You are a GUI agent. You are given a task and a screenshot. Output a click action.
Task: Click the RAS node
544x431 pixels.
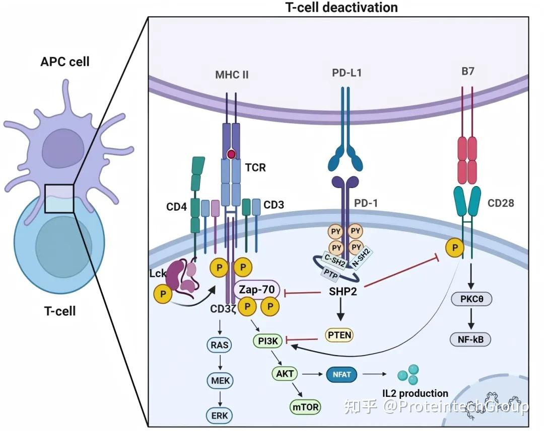point(220,345)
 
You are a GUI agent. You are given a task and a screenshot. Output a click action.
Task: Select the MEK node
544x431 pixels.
point(220,381)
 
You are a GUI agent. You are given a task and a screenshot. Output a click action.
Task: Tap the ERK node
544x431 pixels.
point(220,415)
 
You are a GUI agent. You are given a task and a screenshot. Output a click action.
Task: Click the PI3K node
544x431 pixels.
point(268,341)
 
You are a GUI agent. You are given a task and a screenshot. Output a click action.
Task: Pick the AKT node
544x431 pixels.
point(285,374)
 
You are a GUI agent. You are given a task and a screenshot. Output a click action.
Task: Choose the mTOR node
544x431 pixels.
point(305,407)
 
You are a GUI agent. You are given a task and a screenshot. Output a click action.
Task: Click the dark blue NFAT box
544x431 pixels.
point(342,375)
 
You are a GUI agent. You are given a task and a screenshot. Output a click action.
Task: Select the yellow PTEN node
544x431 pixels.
point(339,335)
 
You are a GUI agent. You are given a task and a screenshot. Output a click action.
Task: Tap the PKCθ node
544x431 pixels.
point(471,299)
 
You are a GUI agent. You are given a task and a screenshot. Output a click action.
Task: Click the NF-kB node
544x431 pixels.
point(470,339)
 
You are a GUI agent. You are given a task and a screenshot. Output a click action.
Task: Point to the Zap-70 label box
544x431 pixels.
point(257,289)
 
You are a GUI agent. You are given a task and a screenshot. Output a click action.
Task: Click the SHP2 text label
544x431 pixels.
point(343,292)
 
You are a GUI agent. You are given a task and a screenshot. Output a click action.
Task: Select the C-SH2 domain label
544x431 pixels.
point(334,261)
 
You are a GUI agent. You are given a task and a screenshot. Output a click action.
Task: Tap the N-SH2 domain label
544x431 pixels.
point(361,258)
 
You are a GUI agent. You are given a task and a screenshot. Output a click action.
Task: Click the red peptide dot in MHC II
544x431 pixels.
point(231,154)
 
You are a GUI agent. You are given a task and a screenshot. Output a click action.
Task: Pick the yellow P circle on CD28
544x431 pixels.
point(454,247)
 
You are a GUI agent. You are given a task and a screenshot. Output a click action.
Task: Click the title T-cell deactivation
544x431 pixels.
point(342,7)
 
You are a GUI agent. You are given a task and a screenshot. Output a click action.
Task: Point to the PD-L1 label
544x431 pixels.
point(347,73)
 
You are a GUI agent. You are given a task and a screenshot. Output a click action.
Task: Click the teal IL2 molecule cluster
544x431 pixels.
point(409,374)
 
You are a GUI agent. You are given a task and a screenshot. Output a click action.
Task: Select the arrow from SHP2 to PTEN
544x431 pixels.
point(341,309)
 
